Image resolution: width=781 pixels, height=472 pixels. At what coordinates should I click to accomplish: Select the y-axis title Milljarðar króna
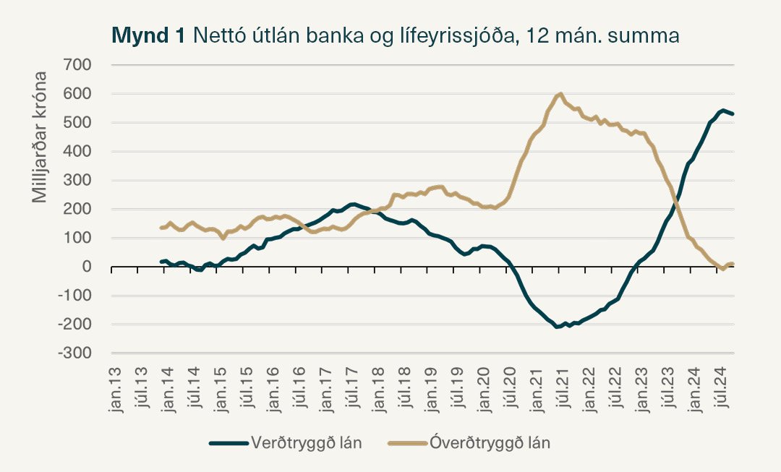coord(40,137)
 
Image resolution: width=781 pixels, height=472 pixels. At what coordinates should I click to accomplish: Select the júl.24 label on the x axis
coord(720,390)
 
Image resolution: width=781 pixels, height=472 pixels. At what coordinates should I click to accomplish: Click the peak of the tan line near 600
coord(560,94)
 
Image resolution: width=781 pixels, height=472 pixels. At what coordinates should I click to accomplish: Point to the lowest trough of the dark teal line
coord(558,327)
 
